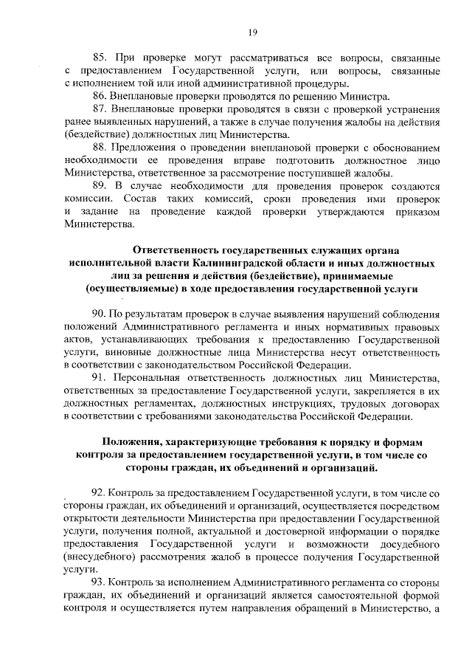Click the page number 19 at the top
252,32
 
